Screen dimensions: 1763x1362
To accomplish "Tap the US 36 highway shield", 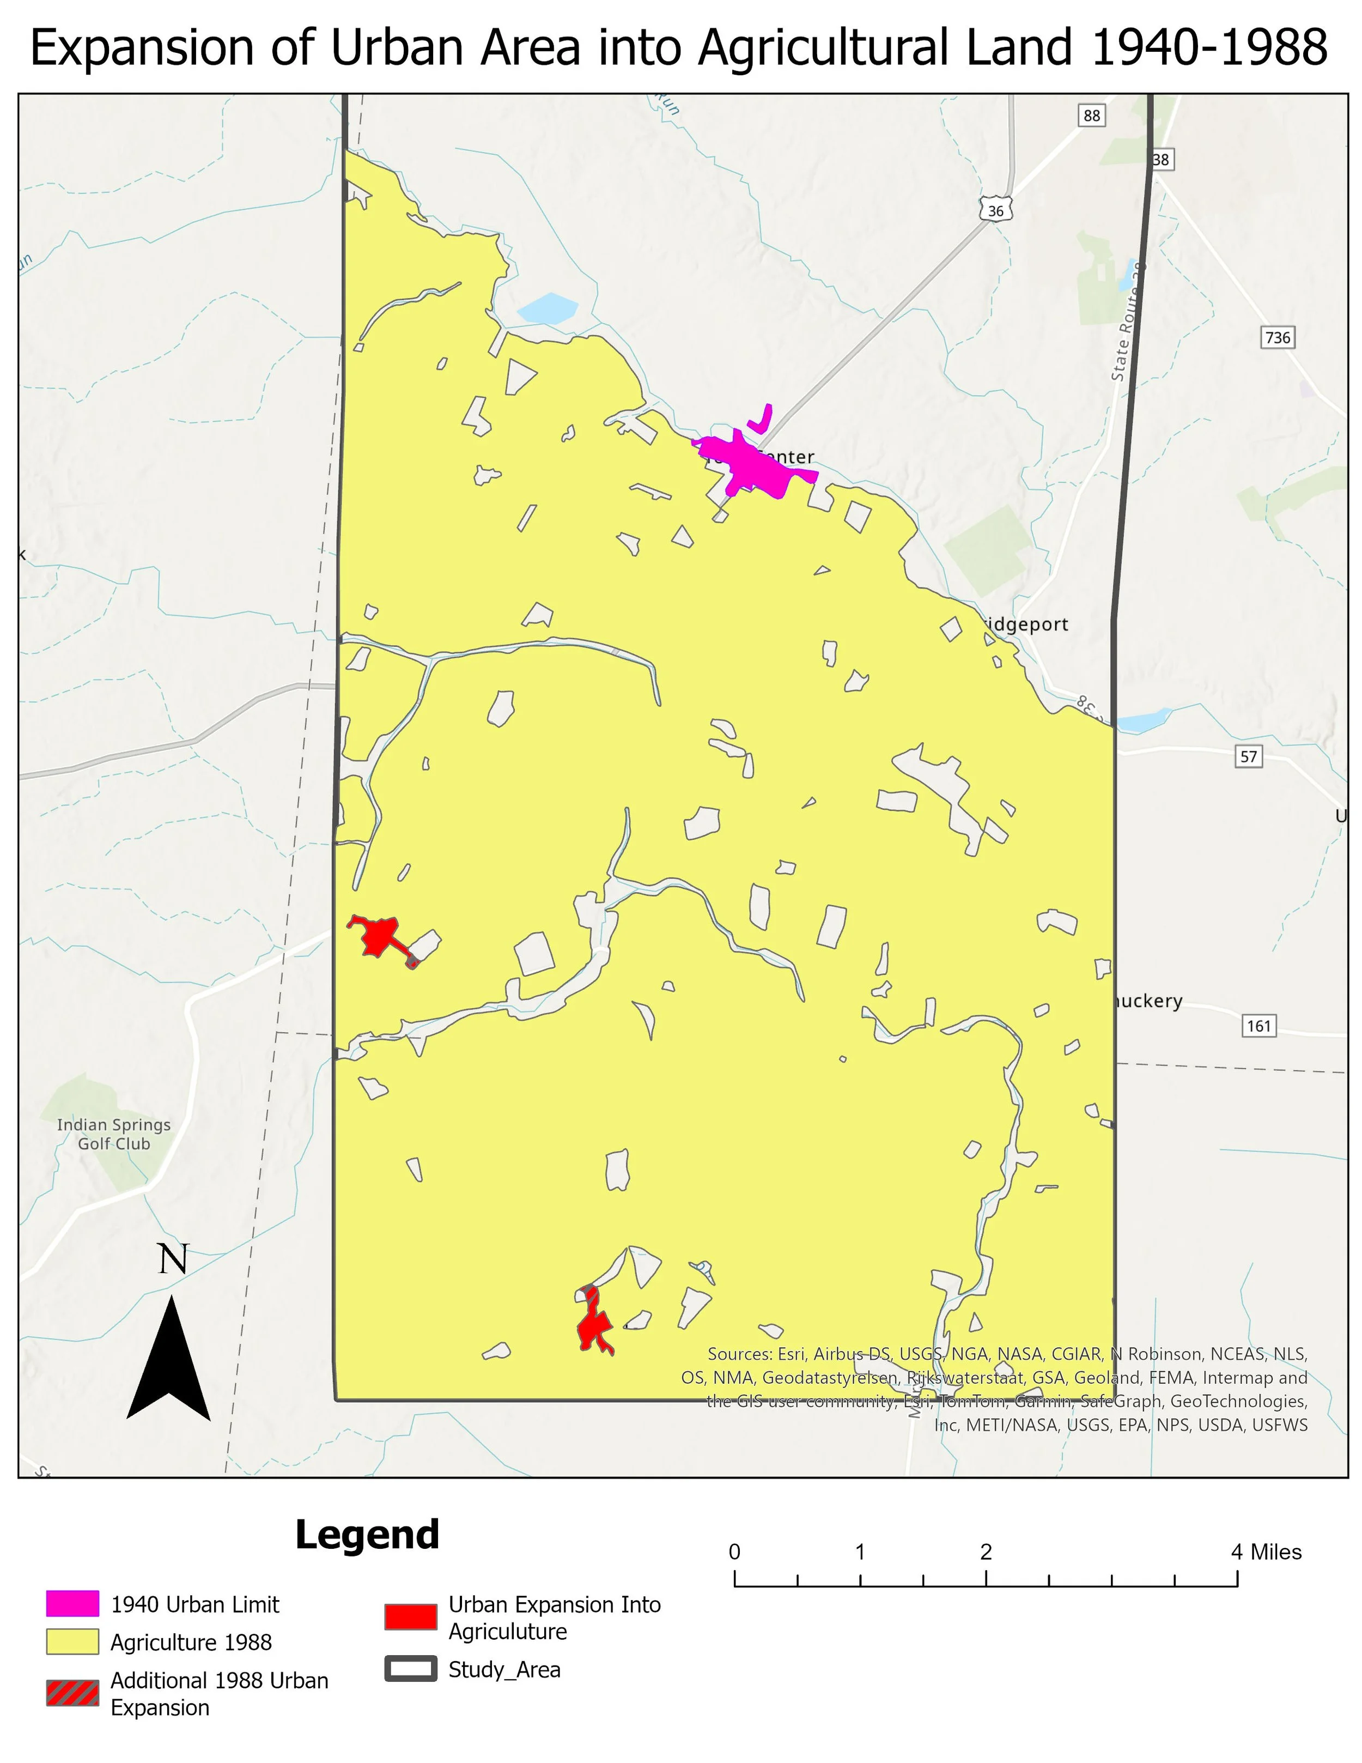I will tap(996, 211).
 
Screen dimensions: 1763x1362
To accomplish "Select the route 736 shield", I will tap(1277, 337).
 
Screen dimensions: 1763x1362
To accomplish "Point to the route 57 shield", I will tap(1248, 756).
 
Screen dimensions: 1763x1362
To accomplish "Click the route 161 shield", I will tap(1258, 1026).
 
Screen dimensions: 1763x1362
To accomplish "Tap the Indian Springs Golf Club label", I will tap(114, 1134).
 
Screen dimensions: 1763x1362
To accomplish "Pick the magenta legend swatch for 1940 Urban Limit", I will tap(72, 1604).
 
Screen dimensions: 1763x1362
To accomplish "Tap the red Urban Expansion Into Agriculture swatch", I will tap(411, 1616).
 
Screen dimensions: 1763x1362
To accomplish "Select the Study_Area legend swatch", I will tap(411, 1669).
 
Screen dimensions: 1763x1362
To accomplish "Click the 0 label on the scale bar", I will tap(734, 1552).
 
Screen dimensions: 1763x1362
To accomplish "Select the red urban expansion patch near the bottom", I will tap(594, 1325).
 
